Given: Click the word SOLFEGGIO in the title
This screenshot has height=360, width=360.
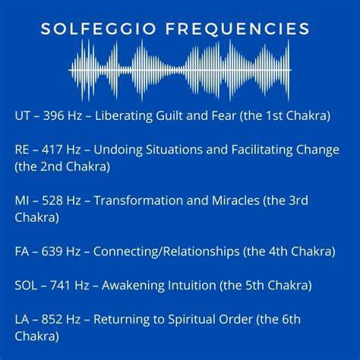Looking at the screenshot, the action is [x=98, y=28].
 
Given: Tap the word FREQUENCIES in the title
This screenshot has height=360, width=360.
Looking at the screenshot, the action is [x=238, y=28].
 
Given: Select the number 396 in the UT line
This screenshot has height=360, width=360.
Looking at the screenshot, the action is [x=54, y=115].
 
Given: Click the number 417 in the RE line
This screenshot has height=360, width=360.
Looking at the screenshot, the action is [x=52, y=150].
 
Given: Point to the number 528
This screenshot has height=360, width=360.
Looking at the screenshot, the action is [x=52, y=201].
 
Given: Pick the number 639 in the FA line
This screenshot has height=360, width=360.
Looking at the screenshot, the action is [x=52, y=251].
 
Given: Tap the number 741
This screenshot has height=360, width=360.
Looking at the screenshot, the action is [x=60, y=286].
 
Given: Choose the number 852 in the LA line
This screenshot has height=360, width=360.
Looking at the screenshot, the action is [x=52, y=319].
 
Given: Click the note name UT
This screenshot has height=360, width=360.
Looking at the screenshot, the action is [x=22, y=115].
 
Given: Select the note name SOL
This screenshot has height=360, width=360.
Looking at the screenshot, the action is [x=26, y=286].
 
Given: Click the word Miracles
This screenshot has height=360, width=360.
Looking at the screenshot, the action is [x=235, y=201].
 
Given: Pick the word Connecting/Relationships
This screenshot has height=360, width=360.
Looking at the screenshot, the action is [x=166, y=252].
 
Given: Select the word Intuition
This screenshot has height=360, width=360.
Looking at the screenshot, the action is [x=192, y=286].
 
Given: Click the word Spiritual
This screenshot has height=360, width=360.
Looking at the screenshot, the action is [x=191, y=320].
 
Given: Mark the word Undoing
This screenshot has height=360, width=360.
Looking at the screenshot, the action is [x=118, y=150].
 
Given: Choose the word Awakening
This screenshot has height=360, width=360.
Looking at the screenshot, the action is [x=133, y=286].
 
